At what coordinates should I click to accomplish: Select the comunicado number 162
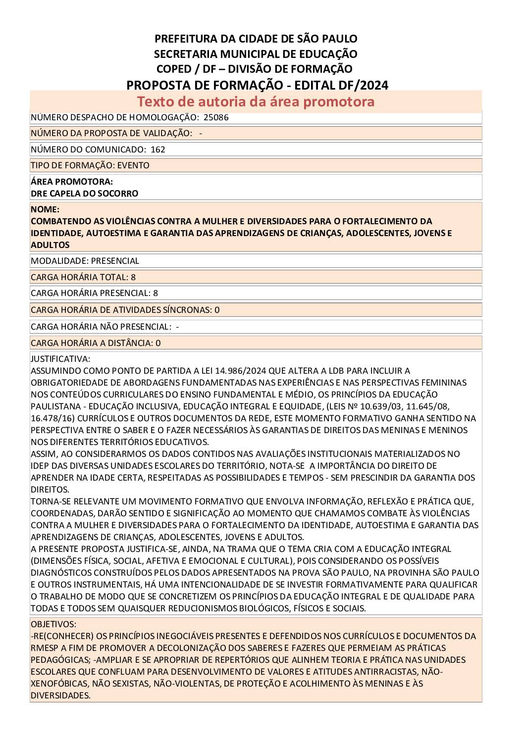[x=157, y=149]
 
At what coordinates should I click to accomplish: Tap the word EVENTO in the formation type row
[x=133, y=165]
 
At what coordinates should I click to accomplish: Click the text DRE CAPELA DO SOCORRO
[x=85, y=194]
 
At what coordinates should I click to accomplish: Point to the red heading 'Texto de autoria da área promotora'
[x=256, y=101]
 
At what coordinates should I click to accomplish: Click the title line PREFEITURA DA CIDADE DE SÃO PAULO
[x=256, y=39]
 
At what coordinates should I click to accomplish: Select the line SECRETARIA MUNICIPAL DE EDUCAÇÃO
[x=256, y=54]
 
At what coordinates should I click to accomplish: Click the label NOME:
[x=45, y=209]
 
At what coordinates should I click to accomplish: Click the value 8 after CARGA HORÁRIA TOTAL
[x=133, y=277]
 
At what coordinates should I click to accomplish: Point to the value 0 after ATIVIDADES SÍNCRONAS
[x=217, y=310]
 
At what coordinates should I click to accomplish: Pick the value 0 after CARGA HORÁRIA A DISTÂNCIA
[x=158, y=343]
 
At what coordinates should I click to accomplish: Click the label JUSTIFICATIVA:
[x=60, y=359]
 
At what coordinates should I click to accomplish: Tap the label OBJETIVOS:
[x=53, y=624]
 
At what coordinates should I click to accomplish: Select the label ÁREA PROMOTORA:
[x=72, y=182]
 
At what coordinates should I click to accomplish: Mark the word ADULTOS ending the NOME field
[x=50, y=245]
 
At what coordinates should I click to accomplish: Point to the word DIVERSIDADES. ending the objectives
[x=60, y=695]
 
